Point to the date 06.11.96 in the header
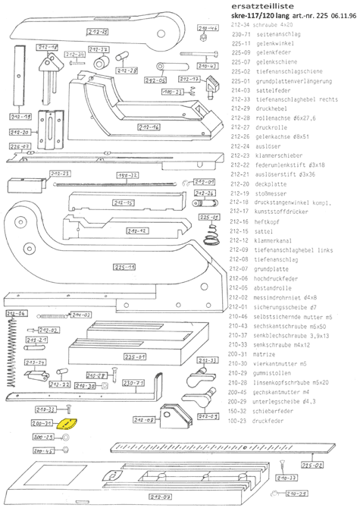click(x=335, y=15)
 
